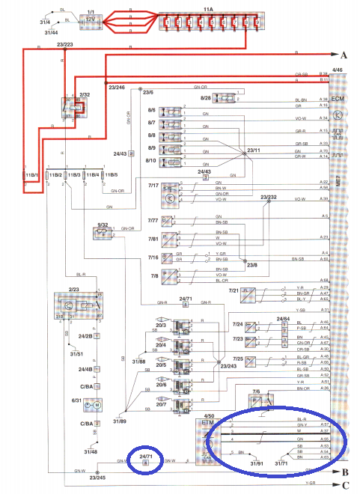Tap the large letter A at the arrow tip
pyautogui.click(x=344, y=56)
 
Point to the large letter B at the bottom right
pyautogui.click(x=344, y=473)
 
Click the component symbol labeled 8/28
pyautogui.click(x=225, y=99)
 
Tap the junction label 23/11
pyautogui.click(x=253, y=150)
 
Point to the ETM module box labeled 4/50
pyautogui.click(x=209, y=438)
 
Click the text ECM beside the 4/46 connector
pyautogui.click(x=337, y=98)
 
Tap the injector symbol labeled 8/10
pyautogui.click(x=174, y=160)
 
